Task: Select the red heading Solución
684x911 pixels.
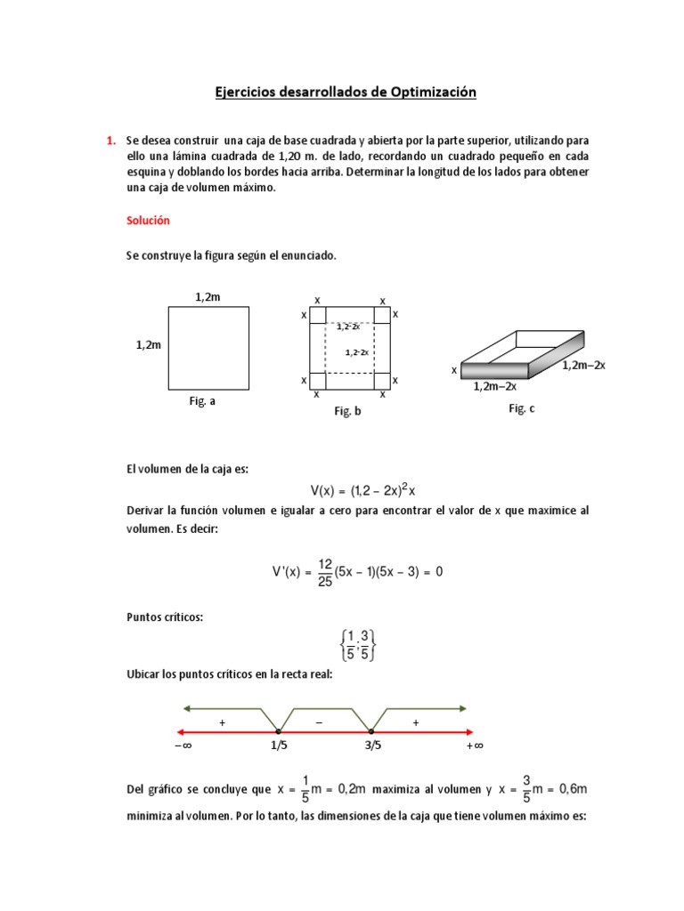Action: (x=148, y=220)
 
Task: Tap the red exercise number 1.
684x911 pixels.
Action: (x=110, y=141)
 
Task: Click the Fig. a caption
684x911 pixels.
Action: (x=202, y=401)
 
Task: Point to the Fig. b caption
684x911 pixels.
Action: (x=347, y=411)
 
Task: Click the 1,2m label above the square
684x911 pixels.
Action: (x=208, y=296)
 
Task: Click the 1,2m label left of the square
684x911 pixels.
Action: (x=148, y=344)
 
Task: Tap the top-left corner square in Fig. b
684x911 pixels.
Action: (x=318, y=314)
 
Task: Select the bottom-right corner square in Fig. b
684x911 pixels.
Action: (x=382, y=381)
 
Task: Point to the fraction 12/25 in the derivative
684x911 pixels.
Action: (x=325, y=571)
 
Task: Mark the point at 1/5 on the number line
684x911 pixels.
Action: (x=279, y=730)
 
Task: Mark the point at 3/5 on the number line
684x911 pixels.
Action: (x=371, y=730)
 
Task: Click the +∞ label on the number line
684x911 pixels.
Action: (x=474, y=746)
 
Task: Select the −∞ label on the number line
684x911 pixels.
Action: (x=183, y=746)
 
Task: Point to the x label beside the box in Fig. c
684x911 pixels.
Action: (x=453, y=369)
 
